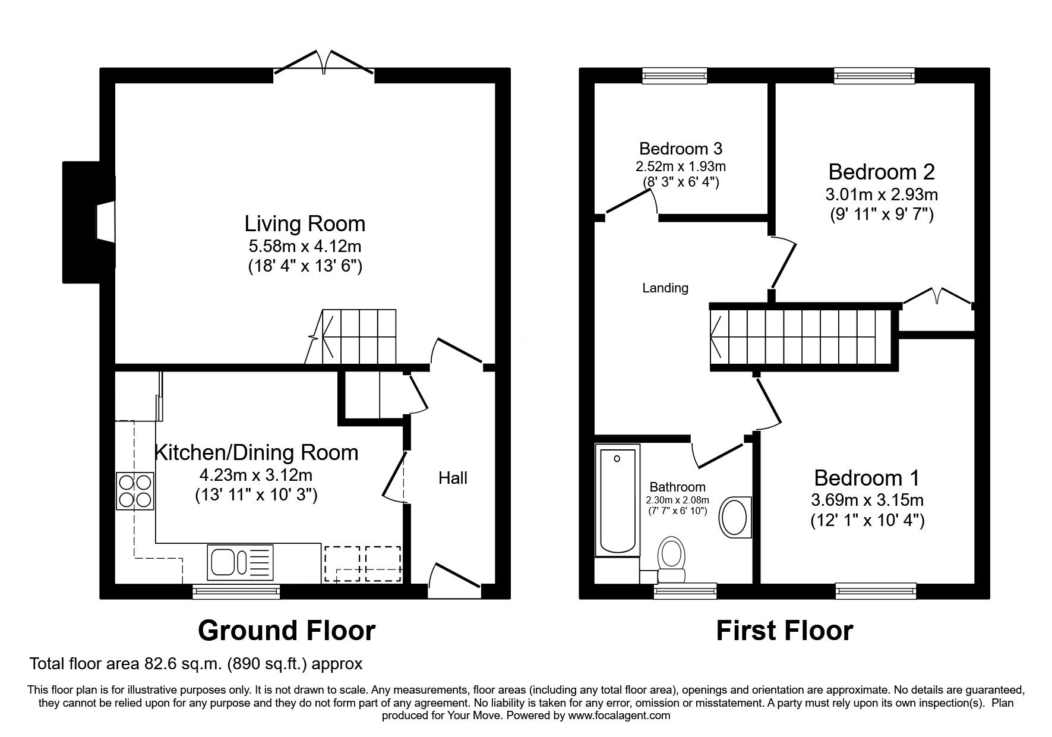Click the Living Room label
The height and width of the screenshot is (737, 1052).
click(305, 224)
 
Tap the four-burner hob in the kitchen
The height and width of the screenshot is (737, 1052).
click(135, 491)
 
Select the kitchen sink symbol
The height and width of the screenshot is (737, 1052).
click(240, 562)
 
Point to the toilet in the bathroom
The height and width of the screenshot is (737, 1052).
click(672, 559)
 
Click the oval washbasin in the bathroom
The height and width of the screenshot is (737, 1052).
click(735, 516)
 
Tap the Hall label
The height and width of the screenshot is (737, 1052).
click(453, 478)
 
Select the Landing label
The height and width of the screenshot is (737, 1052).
click(665, 288)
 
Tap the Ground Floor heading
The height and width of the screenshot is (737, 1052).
click(286, 631)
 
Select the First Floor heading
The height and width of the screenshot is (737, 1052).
click(784, 631)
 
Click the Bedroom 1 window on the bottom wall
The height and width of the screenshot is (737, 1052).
click(875, 590)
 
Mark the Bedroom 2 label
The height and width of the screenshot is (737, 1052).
click(882, 172)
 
